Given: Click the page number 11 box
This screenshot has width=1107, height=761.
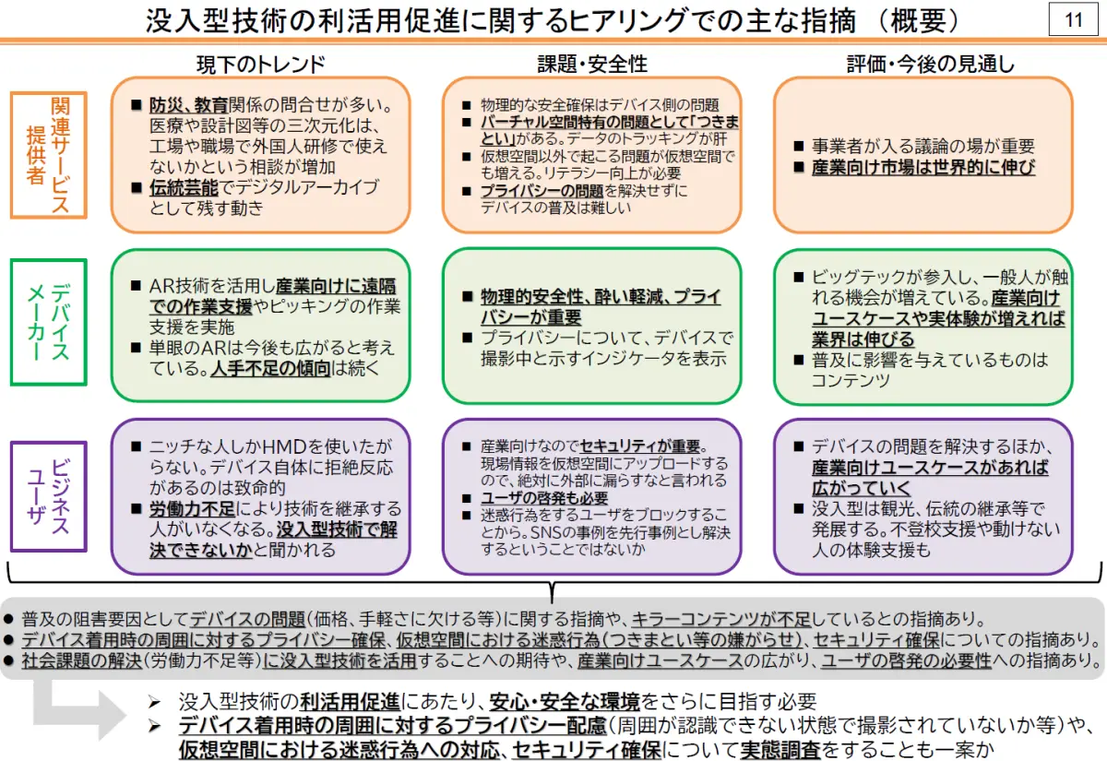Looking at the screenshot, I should click(1074, 20).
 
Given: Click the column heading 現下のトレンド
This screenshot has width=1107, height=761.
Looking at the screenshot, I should click(261, 65).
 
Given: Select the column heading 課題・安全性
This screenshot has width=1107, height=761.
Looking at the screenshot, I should click(592, 65).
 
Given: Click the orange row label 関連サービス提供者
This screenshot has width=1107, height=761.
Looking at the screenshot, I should click(48, 154).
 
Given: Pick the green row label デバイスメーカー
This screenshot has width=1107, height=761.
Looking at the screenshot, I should click(48, 321).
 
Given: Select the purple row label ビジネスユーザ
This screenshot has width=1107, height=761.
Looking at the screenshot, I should click(48, 496).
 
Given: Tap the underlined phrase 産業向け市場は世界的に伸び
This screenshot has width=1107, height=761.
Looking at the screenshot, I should click(922, 168).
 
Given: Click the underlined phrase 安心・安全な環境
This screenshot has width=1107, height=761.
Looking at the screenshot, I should click(548, 702).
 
